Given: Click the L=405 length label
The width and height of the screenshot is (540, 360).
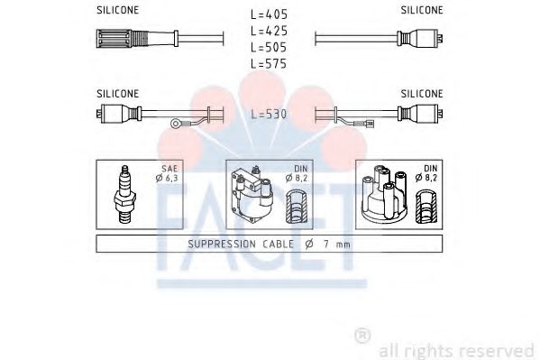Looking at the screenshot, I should [x=270, y=14].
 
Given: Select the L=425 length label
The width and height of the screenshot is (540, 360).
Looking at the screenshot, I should [x=270, y=31].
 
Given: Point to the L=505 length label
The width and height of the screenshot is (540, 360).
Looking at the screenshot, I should [x=270, y=47].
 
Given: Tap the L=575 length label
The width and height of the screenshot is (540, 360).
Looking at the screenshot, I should [x=270, y=64].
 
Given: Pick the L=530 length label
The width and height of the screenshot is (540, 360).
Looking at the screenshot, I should [x=270, y=115].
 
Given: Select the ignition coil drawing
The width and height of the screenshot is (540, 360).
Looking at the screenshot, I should [x=252, y=196].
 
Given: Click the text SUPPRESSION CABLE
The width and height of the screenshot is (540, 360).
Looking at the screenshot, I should [x=236, y=244].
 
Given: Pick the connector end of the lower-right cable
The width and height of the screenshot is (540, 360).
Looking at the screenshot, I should [x=425, y=115].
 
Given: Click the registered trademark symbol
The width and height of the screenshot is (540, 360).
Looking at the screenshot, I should [x=361, y=333].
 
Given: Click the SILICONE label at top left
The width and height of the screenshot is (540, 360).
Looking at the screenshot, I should [x=117, y=11].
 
